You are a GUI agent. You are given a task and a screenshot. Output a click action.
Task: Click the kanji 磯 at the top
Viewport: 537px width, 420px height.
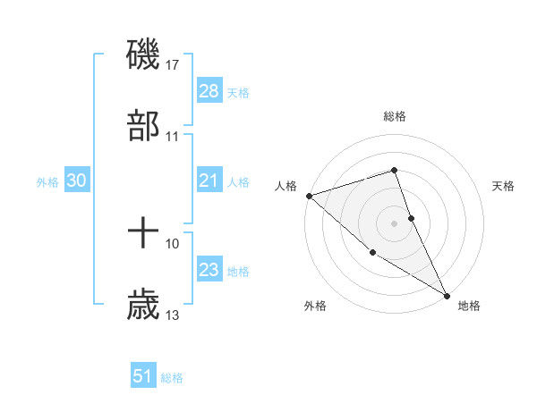tap(143, 55)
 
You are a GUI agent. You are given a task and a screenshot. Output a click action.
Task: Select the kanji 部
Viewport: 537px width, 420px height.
tap(143, 126)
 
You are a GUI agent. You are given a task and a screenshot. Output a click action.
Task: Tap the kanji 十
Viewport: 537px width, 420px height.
tap(143, 233)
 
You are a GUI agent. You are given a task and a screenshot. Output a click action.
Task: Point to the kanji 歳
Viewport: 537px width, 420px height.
tap(143, 305)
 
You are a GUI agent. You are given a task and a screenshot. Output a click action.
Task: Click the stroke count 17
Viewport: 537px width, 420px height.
tap(174, 65)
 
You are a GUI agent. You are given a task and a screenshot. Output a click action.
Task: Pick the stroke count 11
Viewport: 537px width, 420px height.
tap(173, 137)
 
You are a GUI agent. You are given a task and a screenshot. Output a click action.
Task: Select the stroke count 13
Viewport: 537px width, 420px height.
tap(173, 315)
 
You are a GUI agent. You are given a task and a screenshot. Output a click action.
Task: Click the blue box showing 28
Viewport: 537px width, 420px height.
tap(209, 91)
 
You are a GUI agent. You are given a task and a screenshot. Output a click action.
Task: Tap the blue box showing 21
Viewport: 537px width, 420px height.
tap(209, 181)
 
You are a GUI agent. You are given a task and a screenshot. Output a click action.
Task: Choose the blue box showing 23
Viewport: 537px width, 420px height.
tap(209, 270)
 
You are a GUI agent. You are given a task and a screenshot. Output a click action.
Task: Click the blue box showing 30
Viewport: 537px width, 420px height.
tap(77, 181)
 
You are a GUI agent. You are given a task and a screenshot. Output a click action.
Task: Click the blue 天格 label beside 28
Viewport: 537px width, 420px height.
tap(238, 93)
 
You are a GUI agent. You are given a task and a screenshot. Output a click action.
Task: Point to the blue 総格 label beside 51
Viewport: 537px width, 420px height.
tap(172, 378)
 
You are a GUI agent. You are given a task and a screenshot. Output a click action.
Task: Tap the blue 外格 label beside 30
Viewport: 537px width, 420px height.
tap(47, 182)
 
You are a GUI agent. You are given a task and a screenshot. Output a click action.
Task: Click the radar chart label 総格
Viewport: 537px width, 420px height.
tap(395, 116)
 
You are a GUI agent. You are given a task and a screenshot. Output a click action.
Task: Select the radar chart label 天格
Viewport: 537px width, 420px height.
tap(503, 186)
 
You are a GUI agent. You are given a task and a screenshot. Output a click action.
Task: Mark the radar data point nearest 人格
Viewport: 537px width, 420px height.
tap(309, 196)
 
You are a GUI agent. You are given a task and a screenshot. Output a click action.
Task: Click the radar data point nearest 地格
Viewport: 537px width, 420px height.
tap(447, 295)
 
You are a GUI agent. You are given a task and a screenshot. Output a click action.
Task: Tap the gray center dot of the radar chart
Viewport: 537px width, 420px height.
tap(394, 223)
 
